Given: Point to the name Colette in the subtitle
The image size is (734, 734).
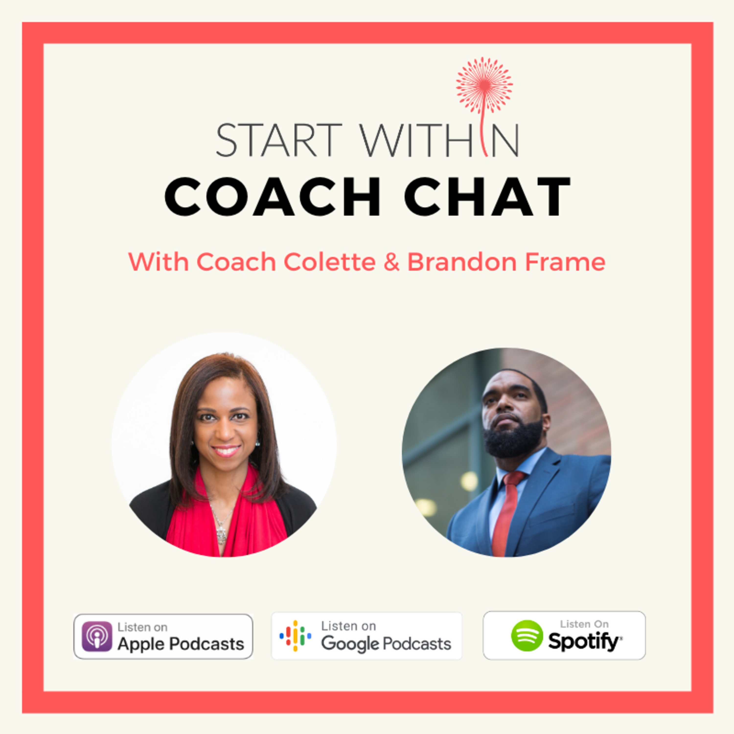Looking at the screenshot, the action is [330, 262].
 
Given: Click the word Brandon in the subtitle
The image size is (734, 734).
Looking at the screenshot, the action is [462, 262].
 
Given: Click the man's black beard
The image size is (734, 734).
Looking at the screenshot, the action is [513, 439].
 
